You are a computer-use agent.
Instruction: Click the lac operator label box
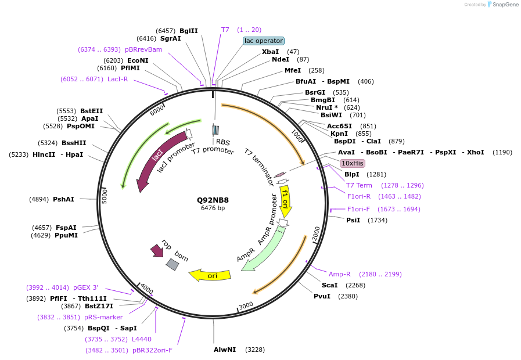point(264,41)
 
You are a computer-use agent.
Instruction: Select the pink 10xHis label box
point(353,163)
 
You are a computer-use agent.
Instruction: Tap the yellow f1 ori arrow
point(285,198)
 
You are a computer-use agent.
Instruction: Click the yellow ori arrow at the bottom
point(210,275)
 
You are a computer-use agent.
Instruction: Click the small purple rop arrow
point(157,250)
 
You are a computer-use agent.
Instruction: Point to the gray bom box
point(173,264)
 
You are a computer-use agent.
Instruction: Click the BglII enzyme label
point(188,31)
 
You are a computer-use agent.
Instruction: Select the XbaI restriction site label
point(270,52)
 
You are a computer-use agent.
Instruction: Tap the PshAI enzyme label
point(63,199)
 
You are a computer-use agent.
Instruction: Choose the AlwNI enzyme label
point(225,350)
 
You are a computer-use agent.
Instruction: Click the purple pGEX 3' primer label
point(85,287)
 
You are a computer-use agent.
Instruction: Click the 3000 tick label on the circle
point(246,305)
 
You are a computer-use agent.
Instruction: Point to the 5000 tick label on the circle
point(105,196)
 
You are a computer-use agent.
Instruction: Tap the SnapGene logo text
point(504,5)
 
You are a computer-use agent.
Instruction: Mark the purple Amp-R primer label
point(340,274)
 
